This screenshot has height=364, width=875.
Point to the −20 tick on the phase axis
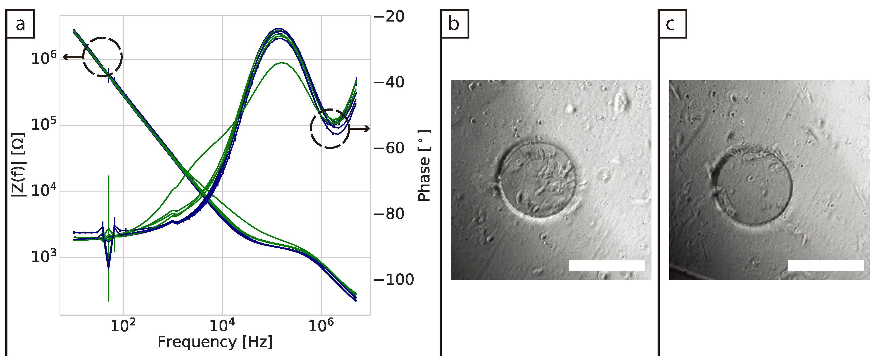(389, 16)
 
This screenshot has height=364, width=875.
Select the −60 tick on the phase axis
(389, 148)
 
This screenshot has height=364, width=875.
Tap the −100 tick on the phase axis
(394, 280)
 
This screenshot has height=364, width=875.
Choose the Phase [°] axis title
(424, 166)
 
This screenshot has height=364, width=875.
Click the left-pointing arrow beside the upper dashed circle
(72, 57)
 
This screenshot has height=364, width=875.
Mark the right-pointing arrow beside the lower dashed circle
(360, 128)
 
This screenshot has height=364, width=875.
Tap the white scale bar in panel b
(607, 265)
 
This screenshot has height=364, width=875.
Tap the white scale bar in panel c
(826, 265)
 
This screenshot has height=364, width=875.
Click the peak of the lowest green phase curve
(281, 62)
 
